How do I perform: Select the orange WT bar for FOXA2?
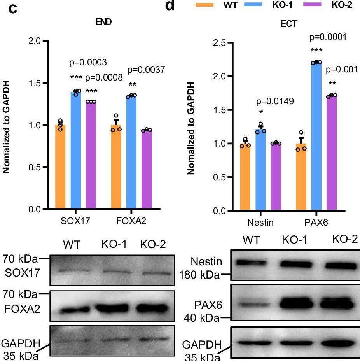click(x=116, y=167)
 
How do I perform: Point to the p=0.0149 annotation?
click(x=275, y=102)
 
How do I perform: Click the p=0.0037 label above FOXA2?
click(x=146, y=70)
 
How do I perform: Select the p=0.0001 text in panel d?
click(x=327, y=38)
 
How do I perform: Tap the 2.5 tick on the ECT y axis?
click(x=220, y=43)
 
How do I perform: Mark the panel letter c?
click(x=13, y=9)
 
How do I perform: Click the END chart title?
click(x=103, y=22)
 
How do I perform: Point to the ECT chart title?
click(x=288, y=24)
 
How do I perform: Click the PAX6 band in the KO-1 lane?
click(x=297, y=303)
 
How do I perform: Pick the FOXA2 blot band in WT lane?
click(x=74, y=310)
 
